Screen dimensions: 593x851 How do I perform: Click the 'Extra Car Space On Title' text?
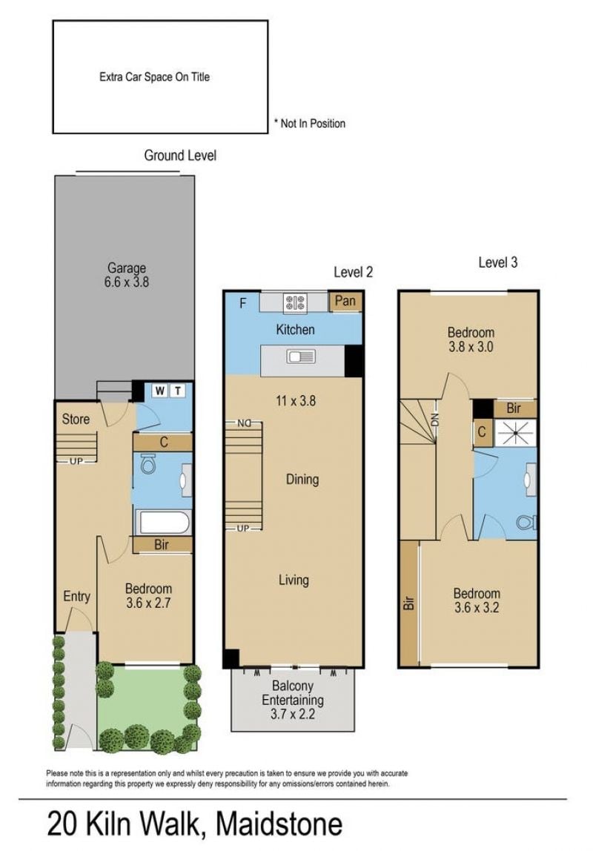(155, 77)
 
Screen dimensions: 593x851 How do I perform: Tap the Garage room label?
(127, 268)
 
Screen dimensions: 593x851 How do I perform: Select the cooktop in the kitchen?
(296, 302)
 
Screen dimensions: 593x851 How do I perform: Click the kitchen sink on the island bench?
(301, 357)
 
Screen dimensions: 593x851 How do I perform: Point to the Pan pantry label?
(345, 301)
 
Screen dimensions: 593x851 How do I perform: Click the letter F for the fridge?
(242, 303)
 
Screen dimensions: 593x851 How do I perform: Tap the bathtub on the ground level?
(163, 523)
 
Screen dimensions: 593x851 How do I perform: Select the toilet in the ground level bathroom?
(148, 463)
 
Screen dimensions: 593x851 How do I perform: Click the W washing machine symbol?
(159, 390)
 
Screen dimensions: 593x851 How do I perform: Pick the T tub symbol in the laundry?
(177, 390)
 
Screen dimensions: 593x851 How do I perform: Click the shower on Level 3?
(515, 433)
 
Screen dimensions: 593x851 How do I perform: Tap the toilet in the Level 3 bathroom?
(526, 522)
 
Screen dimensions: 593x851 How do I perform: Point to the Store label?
(76, 418)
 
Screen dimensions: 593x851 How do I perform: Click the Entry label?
(76, 596)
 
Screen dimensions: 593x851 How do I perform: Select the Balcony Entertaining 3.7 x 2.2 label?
(293, 700)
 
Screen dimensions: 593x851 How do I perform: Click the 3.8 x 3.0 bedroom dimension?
(471, 347)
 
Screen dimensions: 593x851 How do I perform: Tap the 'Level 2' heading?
(353, 272)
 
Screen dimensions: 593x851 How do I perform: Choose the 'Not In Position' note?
(310, 123)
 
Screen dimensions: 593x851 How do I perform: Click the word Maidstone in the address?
(279, 824)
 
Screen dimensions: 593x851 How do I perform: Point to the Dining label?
(302, 479)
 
